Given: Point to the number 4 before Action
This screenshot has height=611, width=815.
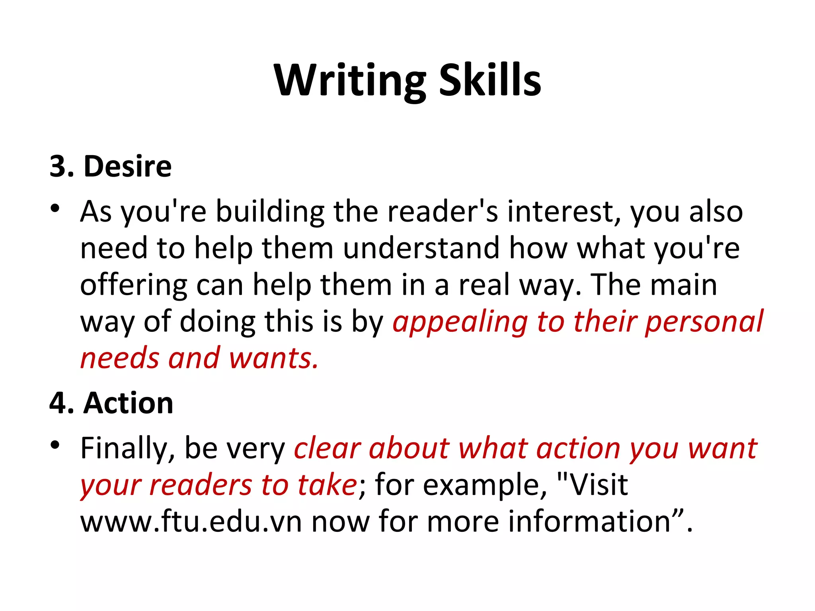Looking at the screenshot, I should coord(58,403).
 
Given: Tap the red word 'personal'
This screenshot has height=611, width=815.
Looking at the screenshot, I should coord(704,321).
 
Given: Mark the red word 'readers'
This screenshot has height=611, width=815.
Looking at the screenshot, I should coord(201,485).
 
